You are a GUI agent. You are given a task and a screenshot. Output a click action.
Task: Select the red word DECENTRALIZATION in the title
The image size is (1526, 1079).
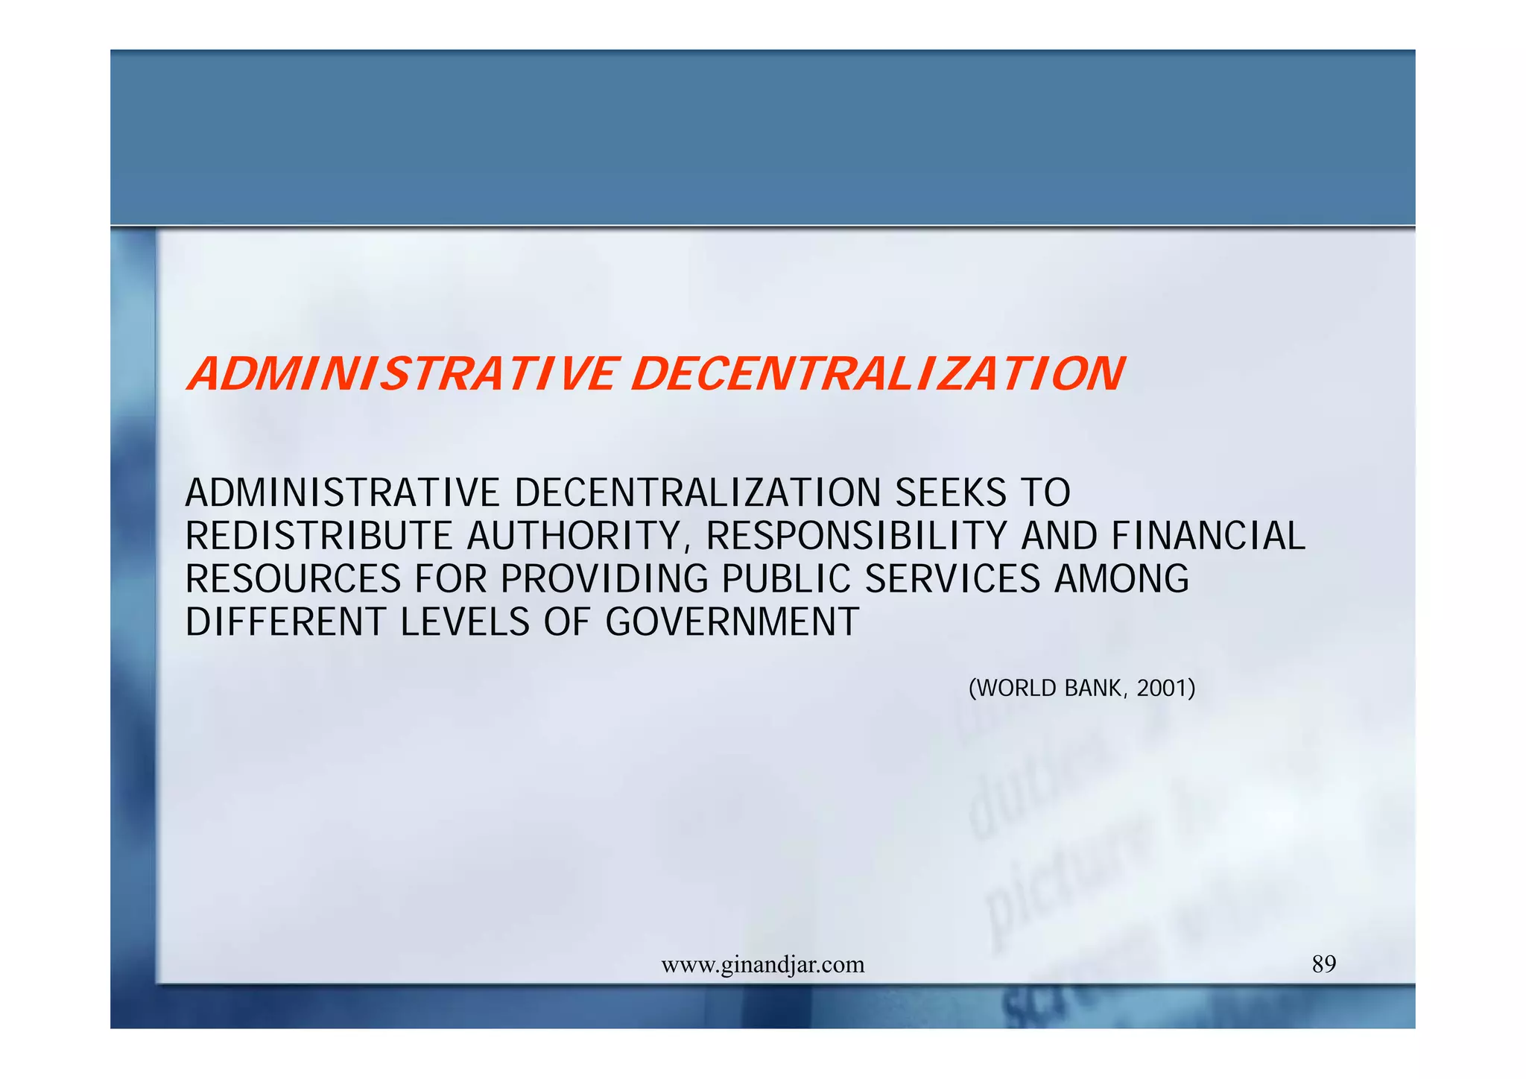pyautogui.click(x=878, y=374)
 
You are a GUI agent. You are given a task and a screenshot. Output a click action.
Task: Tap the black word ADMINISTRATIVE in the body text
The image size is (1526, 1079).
pyautogui.click(x=343, y=493)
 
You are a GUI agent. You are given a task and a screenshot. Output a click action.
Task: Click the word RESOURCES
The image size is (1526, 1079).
pyautogui.click(x=294, y=580)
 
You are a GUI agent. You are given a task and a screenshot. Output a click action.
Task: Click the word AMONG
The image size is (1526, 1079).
pyautogui.click(x=1121, y=580)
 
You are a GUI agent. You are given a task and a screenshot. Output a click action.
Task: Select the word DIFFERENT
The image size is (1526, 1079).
pyautogui.click(x=286, y=623)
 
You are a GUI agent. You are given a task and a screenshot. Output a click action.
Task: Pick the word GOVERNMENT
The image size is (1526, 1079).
pyautogui.click(x=732, y=623)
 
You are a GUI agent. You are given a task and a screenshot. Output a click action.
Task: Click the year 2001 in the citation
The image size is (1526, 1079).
pyautogui.click(x=1165, y=689)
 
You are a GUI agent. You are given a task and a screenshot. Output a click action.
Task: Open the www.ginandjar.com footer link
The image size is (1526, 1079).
pyautogui.click(x=763, y=965)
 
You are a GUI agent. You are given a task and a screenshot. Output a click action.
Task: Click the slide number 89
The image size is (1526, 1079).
pyautogui.click(x=1324, y=964)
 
